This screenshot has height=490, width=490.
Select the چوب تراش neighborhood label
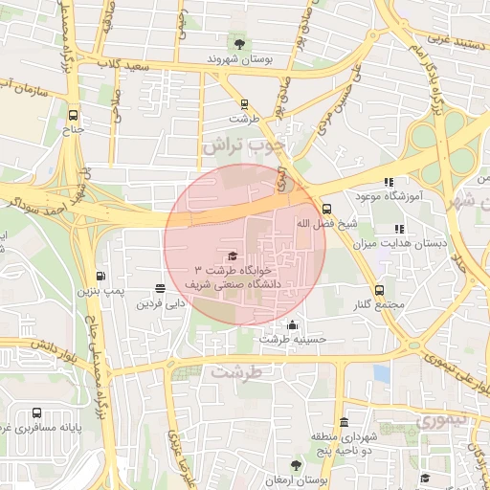pos(245,145)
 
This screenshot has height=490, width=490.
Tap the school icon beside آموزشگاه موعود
pos(388,182)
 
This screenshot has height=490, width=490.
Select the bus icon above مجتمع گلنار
pos(380,290)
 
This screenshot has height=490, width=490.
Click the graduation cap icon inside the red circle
pos(232,256)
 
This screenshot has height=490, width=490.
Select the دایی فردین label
pos(159,304)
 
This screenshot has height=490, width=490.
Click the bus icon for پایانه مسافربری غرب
pos(35,412)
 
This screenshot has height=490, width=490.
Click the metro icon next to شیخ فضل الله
pos(326,208)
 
